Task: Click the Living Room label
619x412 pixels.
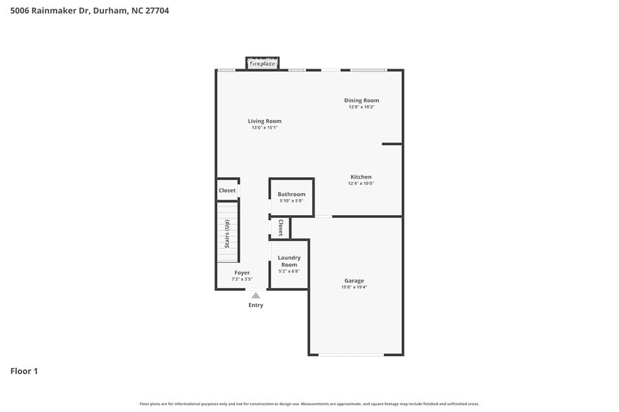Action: click(x=265, y=121)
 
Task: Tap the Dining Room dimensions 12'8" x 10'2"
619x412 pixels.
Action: click(x=361, y=107)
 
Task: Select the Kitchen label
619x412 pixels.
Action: click(x=361, y=177)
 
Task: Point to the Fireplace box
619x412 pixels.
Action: click(x=262, y=64)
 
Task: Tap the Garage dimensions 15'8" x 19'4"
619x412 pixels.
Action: click(x=354, y=287)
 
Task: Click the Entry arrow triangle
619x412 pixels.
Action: click(x=255, y=296)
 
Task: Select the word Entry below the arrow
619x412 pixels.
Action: click(x=255, y=305)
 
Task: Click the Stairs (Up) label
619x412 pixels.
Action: click(x=227, y=234)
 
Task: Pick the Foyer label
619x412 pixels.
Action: click(x=241, y=273)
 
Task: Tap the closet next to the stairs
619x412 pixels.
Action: click(x=227, y=191)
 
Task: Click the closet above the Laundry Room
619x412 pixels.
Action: click(x=281, y=228)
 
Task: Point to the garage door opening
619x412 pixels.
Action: click(x=351, y=355)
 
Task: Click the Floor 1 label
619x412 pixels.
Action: click(x=24, y=371)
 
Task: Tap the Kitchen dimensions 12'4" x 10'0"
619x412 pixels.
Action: click(x=361, y=184)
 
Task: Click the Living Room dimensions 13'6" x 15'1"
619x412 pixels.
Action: click(x=265, y=128)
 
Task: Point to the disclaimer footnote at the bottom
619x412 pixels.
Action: click(x=309, y=404)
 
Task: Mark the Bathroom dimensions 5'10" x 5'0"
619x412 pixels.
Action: click(x=291, y=201)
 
